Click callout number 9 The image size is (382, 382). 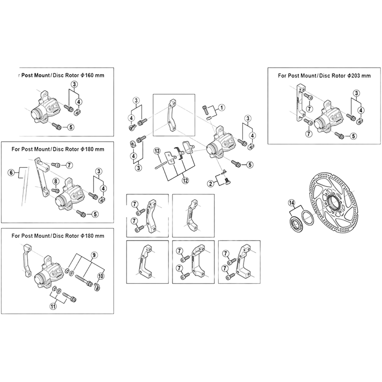tap(94, 255)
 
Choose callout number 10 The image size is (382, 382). tap(101, 276)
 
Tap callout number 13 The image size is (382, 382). tap(156, 151)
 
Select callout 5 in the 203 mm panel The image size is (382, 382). tap(354, 136)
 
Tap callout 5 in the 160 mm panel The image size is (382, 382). tap(71, 127)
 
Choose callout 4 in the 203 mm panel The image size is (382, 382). tap(361, 110)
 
